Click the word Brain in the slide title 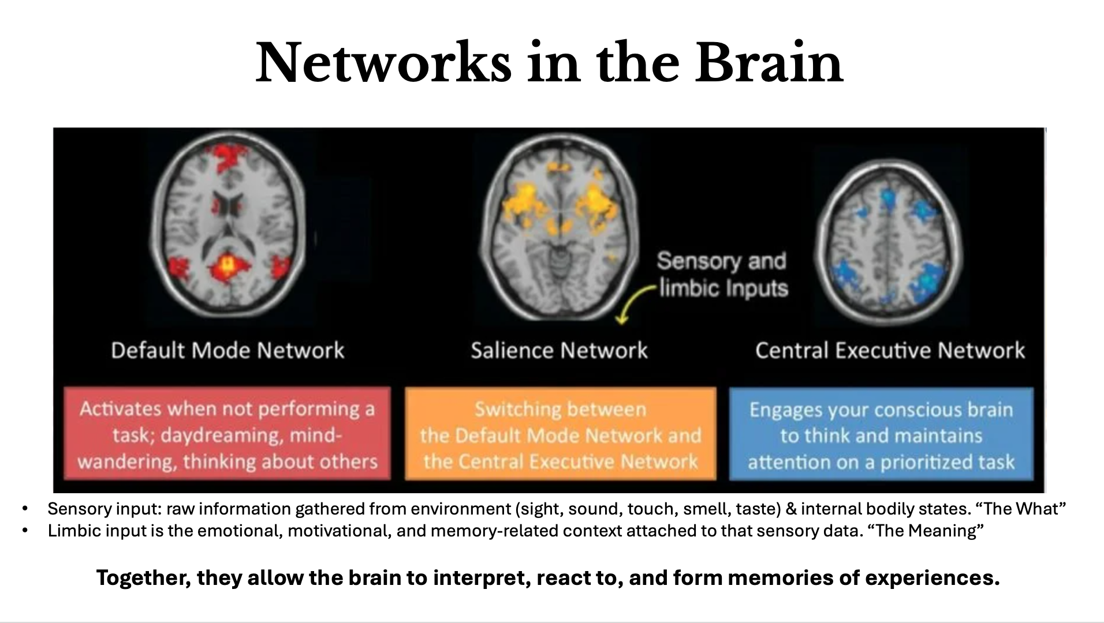coord(769,62)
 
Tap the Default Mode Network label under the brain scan coord(227,350)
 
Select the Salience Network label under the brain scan coord(559,350)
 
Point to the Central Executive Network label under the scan coord(890,350)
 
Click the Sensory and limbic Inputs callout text coord(722,275)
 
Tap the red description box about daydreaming coord(227,434)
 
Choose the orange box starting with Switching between coord(561,434)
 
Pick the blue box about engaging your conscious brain coord(881,434)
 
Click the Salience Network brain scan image coord(559,227)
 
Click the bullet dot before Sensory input coord(24,509)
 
